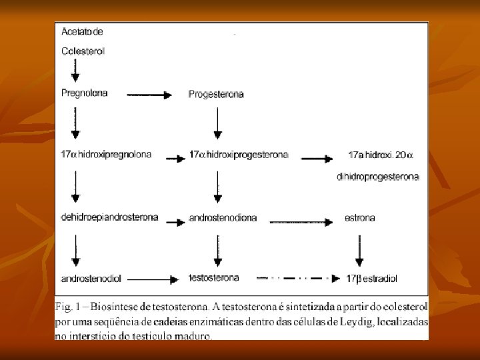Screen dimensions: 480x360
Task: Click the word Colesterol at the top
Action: point(83,51)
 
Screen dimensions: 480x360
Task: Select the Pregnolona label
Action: point(84,93)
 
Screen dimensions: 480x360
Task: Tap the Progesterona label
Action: point(216,94)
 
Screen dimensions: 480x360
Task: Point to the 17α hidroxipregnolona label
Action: point(106,155)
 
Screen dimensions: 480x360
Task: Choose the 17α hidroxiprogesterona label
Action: point(239,155)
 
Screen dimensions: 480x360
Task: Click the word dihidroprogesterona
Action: point(378,177)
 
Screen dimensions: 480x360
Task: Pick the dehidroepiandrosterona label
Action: point(109,217)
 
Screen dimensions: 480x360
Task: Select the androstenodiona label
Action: point(223,218)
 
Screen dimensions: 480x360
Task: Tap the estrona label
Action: point(360,217)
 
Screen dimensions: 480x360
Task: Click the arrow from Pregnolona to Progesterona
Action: point(149,95)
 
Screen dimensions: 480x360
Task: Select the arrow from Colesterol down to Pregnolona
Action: point(75,70)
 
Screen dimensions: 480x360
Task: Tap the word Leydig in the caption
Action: point(362,321)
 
